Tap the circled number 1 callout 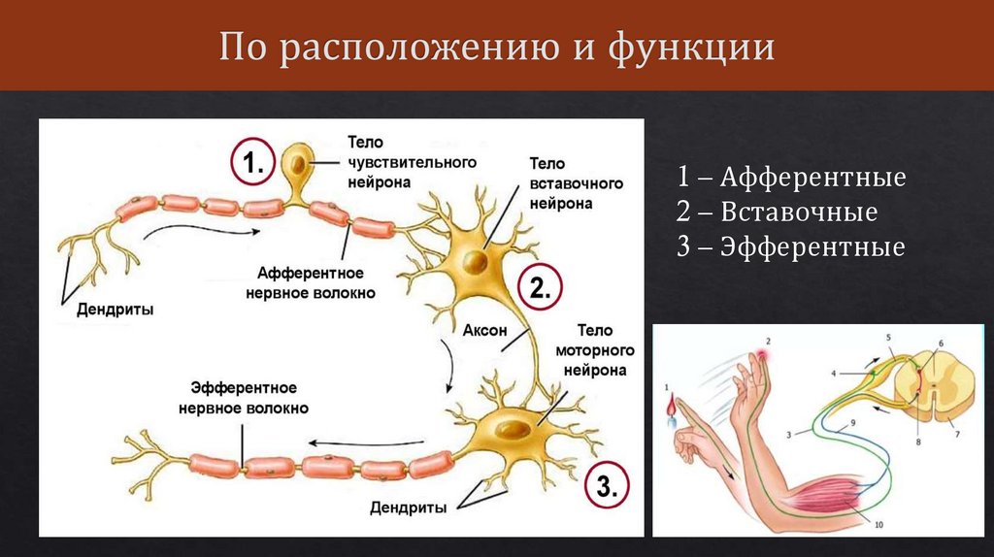point(252,163)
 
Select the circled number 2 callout point(540,287)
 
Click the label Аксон point(485,330)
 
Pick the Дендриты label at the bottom point(409,507)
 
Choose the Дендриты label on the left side point(115,310)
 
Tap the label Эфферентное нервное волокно point(244,399)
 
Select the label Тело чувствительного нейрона point(387,161)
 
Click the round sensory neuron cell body point(298,162)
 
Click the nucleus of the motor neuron point(514,426)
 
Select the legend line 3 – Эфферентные point(791,246)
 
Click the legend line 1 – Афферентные point(791,178)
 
